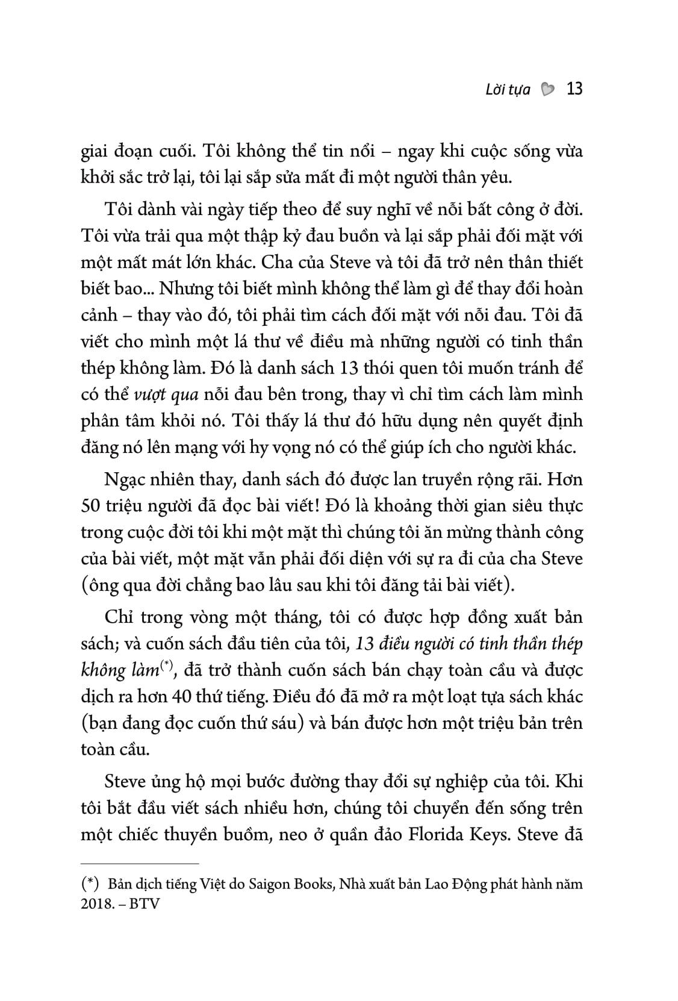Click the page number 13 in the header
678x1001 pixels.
[x=574, y=90]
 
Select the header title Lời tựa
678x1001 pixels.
[x=508, y=90]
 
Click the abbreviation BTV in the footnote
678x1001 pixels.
[x=145, y=905]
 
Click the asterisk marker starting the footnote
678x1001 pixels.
[x=90, y=885]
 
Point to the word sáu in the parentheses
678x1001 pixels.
[x=280, y=723]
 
